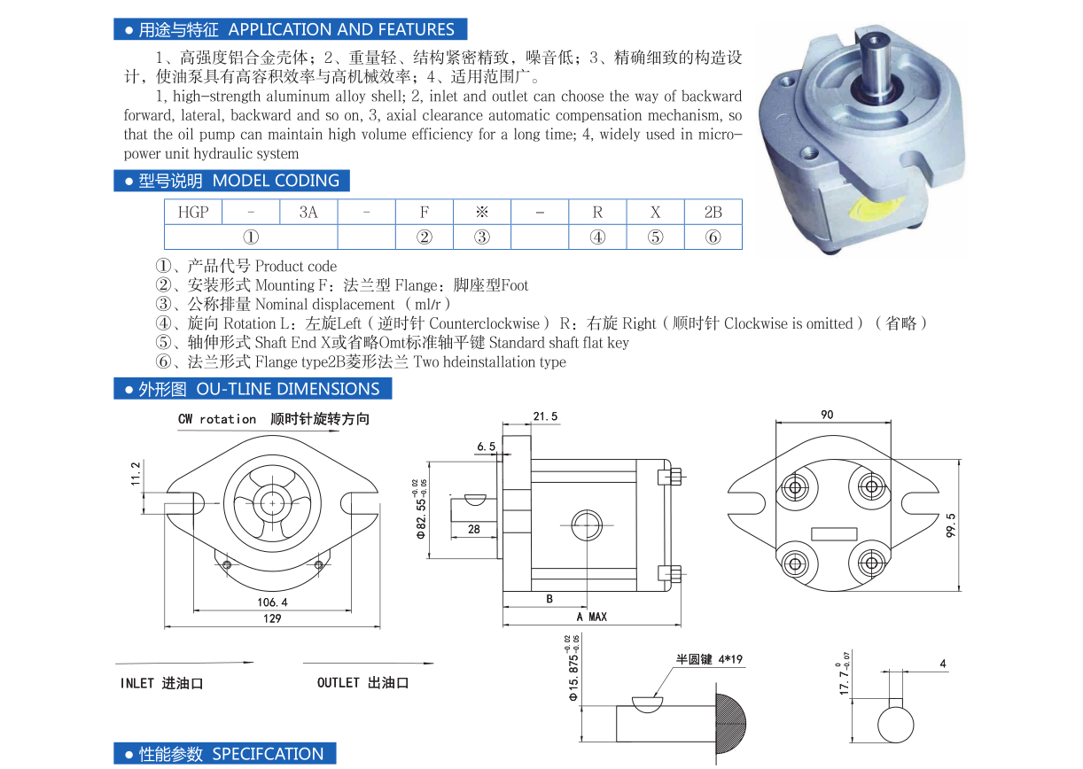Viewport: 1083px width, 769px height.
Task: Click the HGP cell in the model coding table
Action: (193, 213)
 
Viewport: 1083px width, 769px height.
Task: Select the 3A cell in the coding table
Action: (308, 213)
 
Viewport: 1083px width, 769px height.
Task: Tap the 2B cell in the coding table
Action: (713, 213)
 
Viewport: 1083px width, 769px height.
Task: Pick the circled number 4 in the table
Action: (597, 237)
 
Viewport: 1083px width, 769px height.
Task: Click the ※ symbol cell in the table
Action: (481, 213)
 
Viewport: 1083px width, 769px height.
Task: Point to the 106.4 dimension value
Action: (272, 602)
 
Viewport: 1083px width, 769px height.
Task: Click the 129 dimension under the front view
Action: (272, 618)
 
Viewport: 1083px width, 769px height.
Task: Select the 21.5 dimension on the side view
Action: (545, 416)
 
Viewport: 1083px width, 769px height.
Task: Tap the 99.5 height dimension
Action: (951, 524)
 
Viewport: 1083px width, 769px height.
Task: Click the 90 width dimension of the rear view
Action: (827, 415)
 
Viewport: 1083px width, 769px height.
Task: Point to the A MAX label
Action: (592, 617)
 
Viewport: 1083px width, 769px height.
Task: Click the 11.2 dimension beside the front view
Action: (136, 474)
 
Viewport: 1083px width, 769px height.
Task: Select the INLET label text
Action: (136, 683)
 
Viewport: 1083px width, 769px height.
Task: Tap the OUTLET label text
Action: (338, 683)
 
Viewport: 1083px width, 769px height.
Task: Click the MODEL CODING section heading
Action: (276, 181)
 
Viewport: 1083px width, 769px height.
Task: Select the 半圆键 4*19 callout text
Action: (709, 659)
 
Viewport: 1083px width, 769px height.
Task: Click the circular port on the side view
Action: (587, 525)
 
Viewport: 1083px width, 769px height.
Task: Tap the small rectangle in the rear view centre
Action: (834, 534)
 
